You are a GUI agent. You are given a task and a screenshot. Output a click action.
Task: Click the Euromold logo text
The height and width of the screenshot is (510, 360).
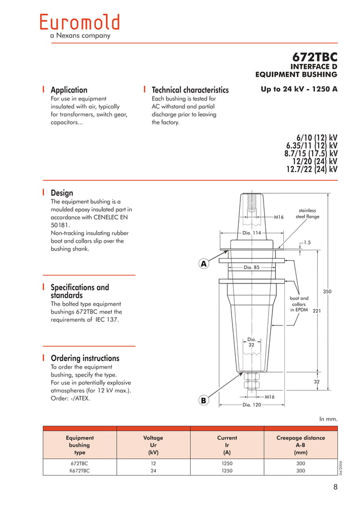coord(80,22)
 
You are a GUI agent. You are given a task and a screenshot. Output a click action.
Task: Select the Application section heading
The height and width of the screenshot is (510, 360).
coord(69,90)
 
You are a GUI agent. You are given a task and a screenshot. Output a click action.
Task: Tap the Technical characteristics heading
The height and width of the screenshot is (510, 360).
coord(190,90)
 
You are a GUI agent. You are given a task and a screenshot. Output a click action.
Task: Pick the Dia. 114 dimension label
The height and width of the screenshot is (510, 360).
coord(252,233)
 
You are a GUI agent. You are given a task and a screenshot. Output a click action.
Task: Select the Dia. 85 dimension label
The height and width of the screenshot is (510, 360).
coord(251,267)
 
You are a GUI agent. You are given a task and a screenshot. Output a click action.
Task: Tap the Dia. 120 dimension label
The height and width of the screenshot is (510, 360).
coord(252,405)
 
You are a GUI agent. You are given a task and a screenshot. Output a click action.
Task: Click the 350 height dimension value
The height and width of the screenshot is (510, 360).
coord(327,291)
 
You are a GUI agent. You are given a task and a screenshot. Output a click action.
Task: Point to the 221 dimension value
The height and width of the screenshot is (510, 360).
coord(317,310)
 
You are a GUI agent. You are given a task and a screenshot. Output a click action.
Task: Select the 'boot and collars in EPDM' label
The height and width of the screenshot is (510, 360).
coord(299,304)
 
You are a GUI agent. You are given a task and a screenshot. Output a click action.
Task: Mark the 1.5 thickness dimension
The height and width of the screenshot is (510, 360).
coord(307,242)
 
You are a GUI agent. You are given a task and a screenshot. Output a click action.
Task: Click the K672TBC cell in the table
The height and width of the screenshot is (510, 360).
coord(80,470)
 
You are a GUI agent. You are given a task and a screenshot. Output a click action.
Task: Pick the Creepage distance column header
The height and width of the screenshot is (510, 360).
coord(300,438)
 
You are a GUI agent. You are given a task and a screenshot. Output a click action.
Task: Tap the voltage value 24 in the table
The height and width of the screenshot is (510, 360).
coord(153,470)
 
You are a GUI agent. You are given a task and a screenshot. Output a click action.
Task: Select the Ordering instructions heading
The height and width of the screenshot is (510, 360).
coord(85,358)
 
